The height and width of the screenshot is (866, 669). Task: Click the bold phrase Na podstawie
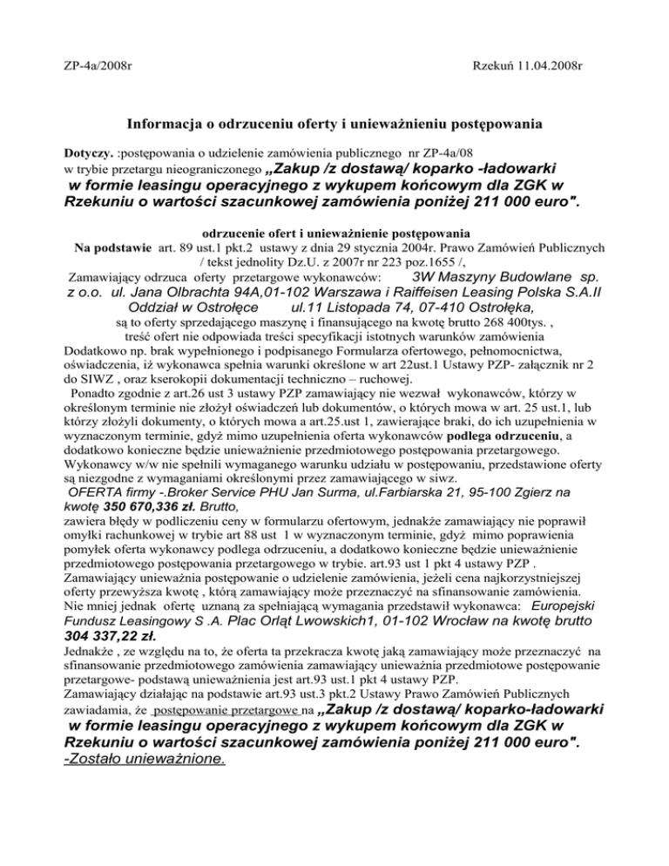pyautogui.click(x=114, y=233)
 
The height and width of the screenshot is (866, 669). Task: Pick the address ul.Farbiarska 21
pyautogui.click(x=458, y=490)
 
